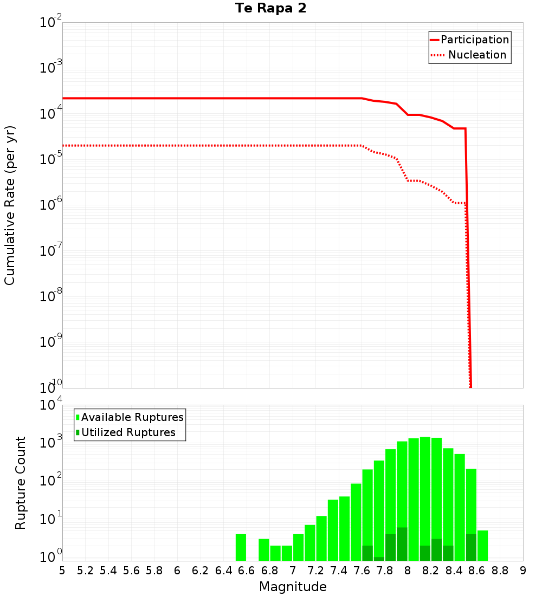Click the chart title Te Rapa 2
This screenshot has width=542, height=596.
click(270, 9)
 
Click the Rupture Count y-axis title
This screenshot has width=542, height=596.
click(21, 483)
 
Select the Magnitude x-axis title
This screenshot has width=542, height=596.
click(293, 587)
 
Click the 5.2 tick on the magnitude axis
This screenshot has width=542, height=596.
click(85, 570)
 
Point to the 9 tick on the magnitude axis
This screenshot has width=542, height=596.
click(523, 570)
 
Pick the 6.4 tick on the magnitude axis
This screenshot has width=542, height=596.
click(223, 570)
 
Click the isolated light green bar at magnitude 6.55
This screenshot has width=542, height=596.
click(241, 548)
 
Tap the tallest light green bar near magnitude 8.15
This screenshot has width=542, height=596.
click(425, 498)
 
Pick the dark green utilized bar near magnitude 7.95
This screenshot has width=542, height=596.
click(402, 544)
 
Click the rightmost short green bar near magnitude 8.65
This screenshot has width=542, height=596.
click(482, 546)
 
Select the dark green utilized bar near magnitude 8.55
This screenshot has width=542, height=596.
click(471, 547)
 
